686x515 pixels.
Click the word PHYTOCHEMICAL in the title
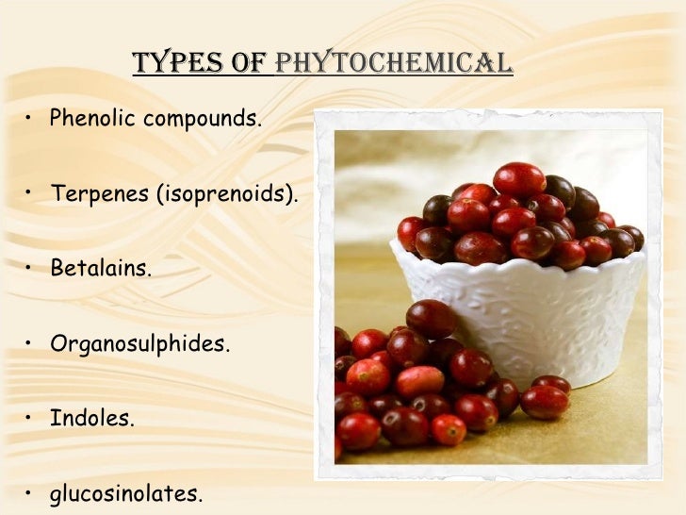394,63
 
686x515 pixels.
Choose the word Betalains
100,269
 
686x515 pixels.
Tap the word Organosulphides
139,343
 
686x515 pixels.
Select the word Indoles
92,418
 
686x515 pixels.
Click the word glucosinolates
126,492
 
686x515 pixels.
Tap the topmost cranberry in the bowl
518,178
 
